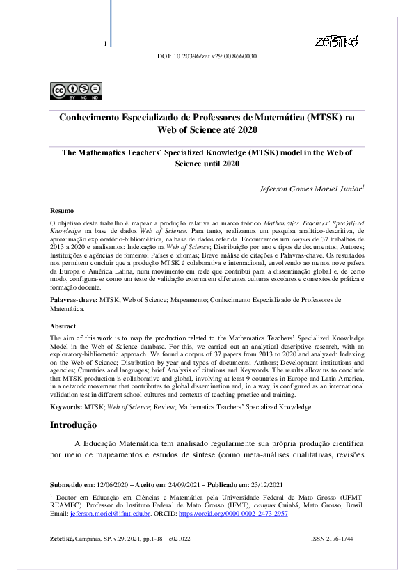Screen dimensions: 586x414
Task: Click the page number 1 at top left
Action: pos(104,44)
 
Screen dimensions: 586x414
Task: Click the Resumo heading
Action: pos(62,209)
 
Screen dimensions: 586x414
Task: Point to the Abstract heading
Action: pos(63,326)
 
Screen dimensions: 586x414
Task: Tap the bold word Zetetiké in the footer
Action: pos(66,539)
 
